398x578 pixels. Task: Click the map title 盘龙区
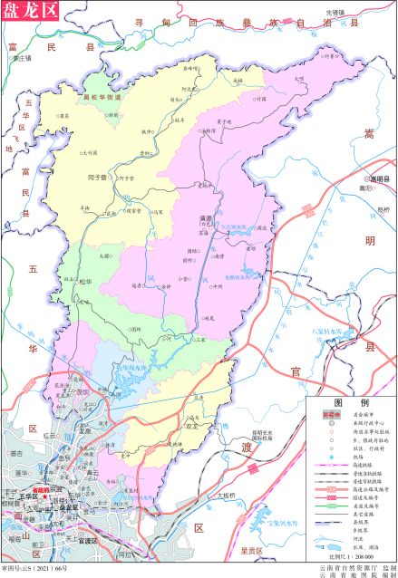pos(30,11)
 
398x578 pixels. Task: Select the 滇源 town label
pos(204,218)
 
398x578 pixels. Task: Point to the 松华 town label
pos(86,281)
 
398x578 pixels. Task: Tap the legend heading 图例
pos(350,401)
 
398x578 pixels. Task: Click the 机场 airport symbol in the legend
pos(331,459)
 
